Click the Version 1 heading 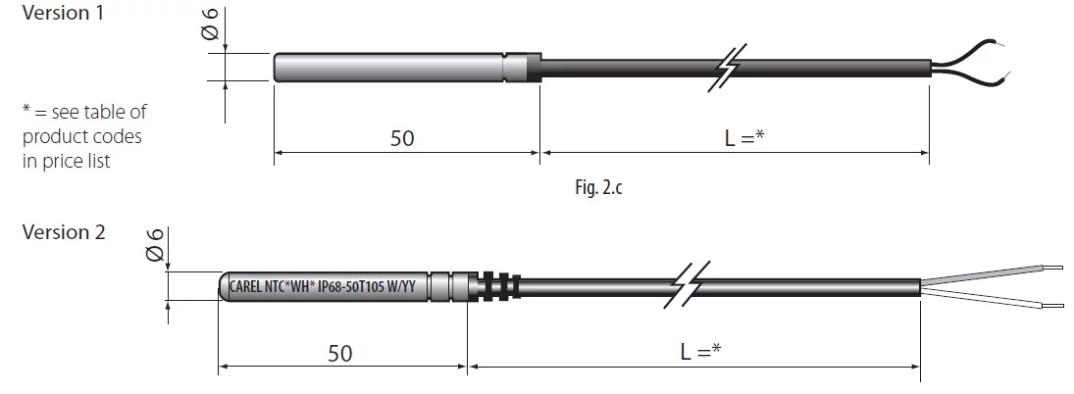[63, 13]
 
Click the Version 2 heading [65, 232]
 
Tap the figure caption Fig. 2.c [598, 187]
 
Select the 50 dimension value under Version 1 [403, 138]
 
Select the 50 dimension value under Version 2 [340, 353]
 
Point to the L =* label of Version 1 [744, 137]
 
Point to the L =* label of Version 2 [700, 352]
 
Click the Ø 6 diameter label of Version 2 [155, 245]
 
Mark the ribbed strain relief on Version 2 [499, 286]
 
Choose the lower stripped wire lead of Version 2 [993, 299]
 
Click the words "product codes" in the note [82, 137]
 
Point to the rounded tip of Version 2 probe [224, 286]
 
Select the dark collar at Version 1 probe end [534, 68]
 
